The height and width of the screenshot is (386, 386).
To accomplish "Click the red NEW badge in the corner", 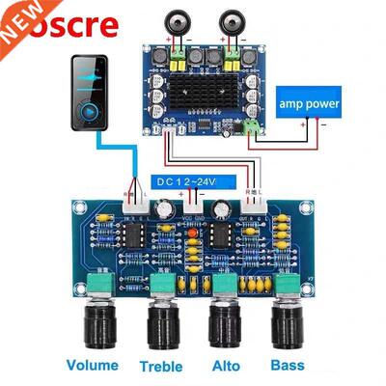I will tap(14, 13).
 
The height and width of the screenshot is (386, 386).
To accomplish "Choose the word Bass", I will tap(287, 366).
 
